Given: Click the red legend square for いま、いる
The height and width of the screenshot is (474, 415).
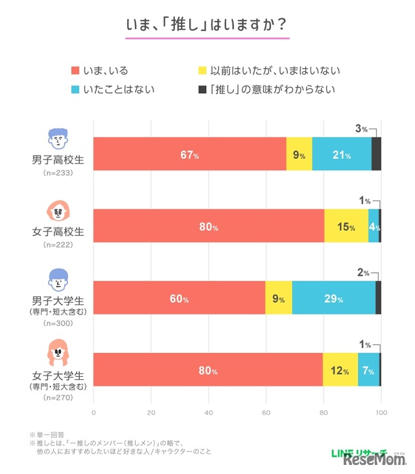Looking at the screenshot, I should [x=75, y=70].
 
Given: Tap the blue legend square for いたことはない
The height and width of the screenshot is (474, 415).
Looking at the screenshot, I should [x=75, y=89].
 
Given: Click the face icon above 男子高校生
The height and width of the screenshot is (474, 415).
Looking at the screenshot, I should [x=58, y=138].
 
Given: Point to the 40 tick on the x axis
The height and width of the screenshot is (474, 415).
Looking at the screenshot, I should [x=209, y=412].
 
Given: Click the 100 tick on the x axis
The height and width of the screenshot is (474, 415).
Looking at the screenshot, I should [x=381, y=412].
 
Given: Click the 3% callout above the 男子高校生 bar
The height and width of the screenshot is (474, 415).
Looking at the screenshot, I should [x=361, y=129].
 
